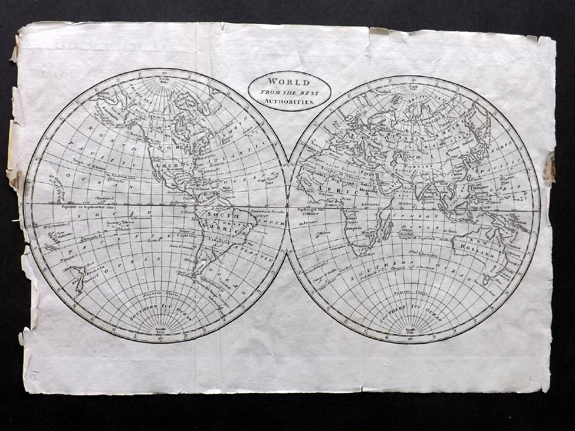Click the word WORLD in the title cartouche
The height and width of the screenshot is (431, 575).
289,82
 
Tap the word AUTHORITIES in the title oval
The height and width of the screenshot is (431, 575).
289,102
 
